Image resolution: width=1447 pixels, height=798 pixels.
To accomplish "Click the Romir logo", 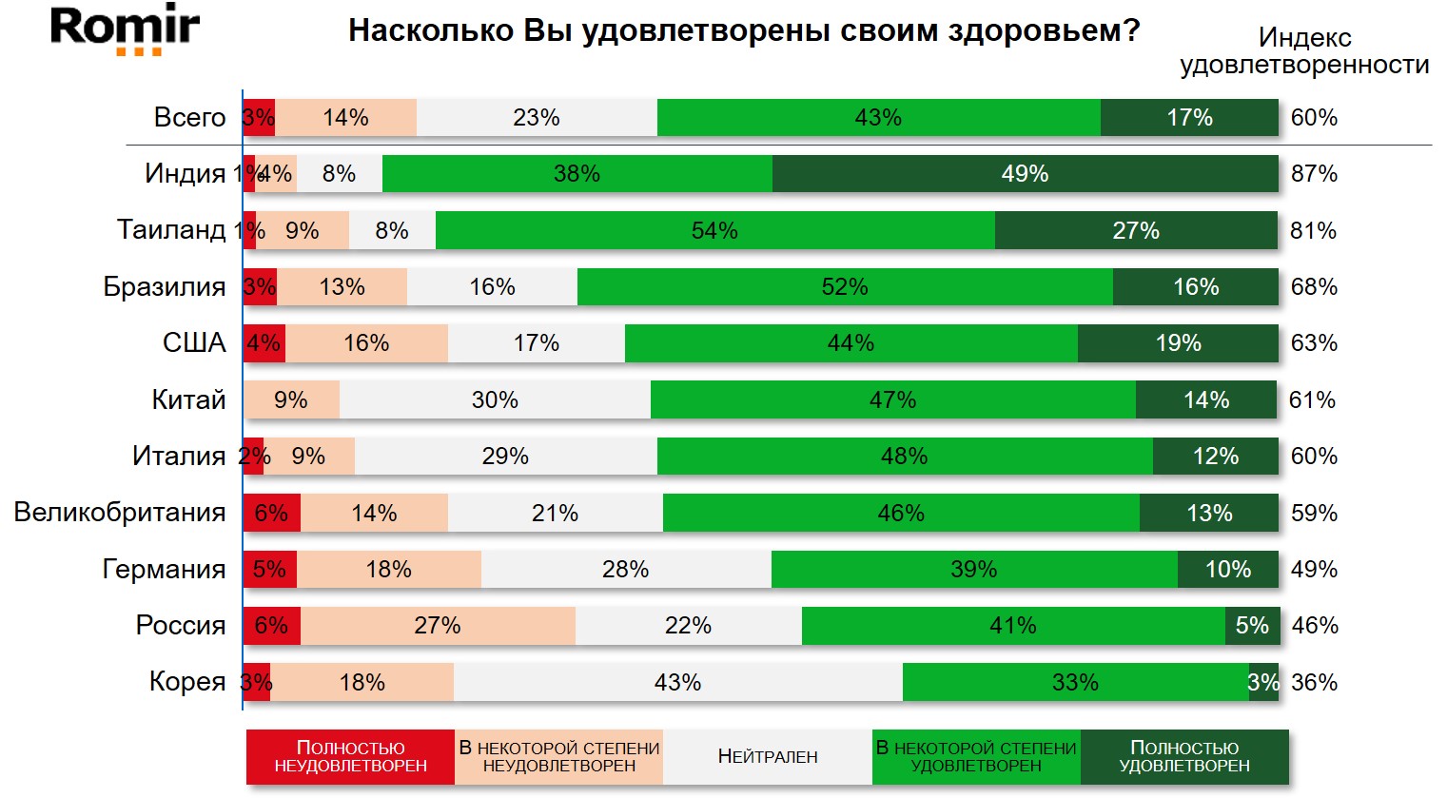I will click(x=125, y=29).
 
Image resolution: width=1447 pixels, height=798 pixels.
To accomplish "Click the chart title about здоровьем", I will click(x=744, y=30).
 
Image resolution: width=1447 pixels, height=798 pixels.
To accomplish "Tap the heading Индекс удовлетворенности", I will click(x=1304, y=51).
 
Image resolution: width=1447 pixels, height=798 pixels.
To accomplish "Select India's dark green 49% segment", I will click(x=1025, y=174).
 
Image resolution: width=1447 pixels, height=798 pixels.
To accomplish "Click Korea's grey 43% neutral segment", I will click(x=677, y=682).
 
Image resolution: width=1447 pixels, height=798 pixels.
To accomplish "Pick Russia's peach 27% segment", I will click(x=438, y=626).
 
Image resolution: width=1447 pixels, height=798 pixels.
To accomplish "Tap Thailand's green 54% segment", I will click(x=714, y=231).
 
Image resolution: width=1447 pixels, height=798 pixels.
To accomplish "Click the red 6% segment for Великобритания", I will click(x=272, y=514).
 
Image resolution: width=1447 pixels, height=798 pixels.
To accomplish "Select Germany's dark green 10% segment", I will click(x=1227, y=570).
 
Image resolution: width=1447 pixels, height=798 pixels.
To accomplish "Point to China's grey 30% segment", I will click(x=495, y=400).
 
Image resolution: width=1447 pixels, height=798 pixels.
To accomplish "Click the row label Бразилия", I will click(x=165, y=287).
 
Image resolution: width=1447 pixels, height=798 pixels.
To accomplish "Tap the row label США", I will click(x=194, y=343).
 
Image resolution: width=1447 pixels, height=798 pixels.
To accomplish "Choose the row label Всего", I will click(x=189, y=118).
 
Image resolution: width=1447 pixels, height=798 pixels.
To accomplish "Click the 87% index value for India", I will click(x=1314, y=174).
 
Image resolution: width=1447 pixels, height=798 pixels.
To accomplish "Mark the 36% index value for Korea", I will click(x=1314, y=682).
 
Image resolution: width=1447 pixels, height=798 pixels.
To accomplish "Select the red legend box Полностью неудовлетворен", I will click(x=350, y=757).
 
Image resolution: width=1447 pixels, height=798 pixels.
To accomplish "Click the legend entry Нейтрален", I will click(x=768, y=757).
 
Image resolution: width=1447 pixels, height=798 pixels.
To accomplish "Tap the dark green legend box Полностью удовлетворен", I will click(x=1184, y=757).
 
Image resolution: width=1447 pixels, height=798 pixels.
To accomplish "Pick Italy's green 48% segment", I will click(x=904, y=457).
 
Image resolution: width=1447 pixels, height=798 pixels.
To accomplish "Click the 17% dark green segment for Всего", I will click(x=1189, y=118).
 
